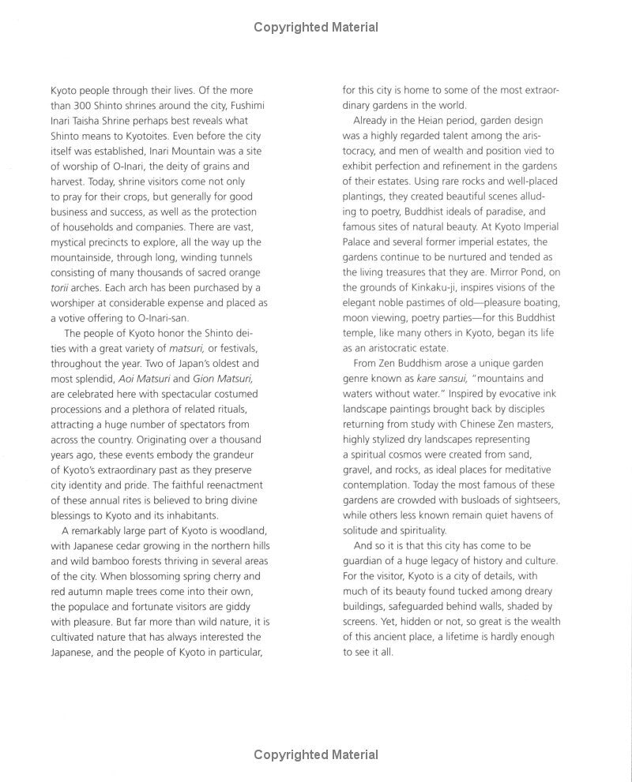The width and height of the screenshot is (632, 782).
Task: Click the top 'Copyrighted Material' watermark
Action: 316,28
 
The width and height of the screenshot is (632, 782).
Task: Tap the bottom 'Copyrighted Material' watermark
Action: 316,755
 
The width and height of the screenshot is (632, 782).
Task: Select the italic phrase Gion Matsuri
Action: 226,378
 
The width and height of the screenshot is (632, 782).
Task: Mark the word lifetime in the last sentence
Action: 493,637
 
